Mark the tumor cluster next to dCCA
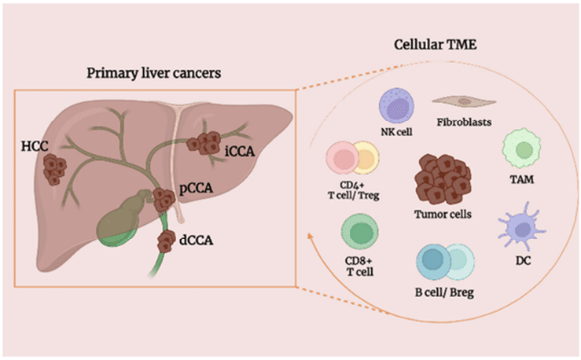(167, 241)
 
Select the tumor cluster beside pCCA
(164, 200)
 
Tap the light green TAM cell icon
(520, 150)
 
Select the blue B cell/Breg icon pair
(446, 265)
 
